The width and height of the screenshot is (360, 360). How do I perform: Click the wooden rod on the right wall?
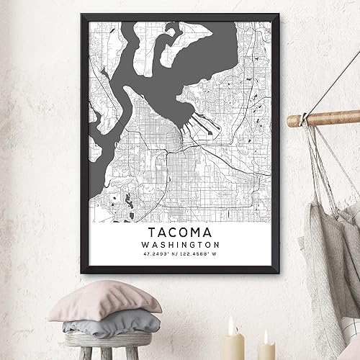(x=317, y=118)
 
